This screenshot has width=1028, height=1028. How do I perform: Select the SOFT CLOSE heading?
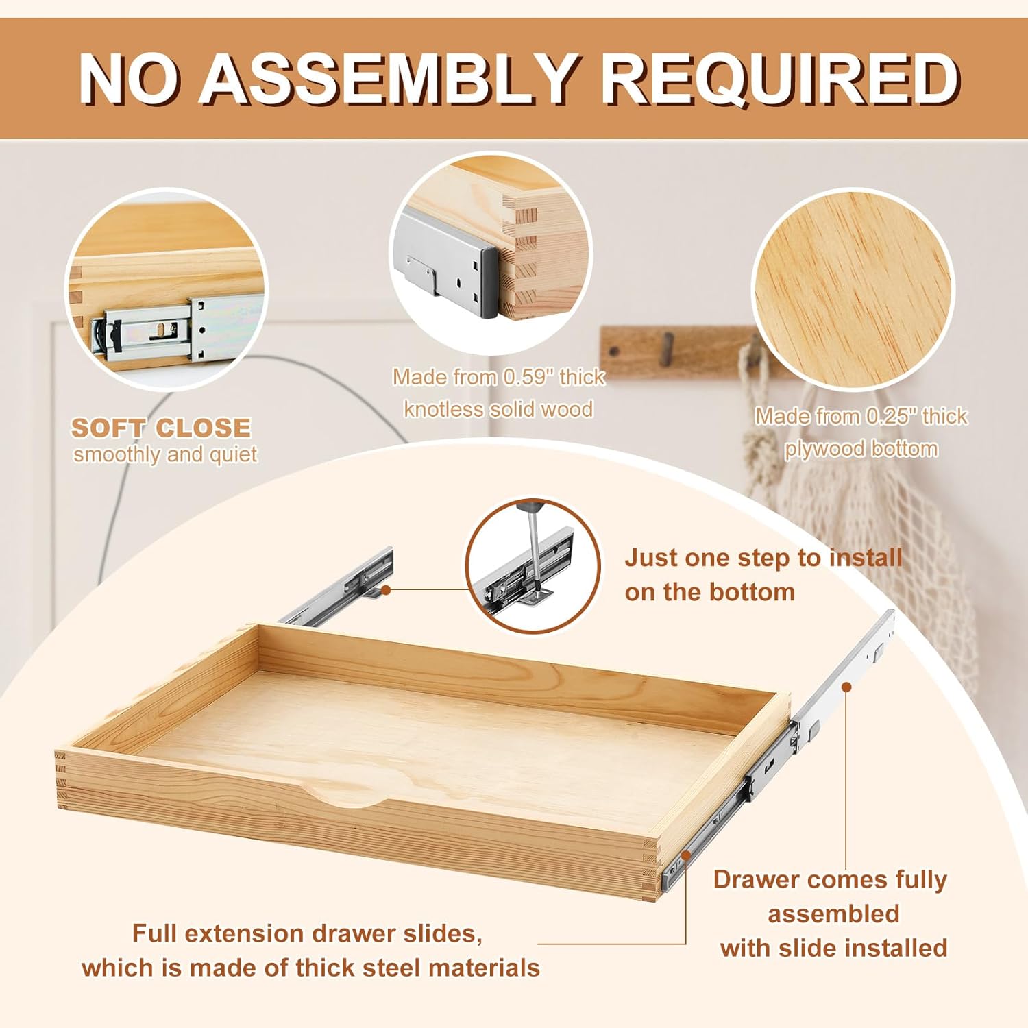point(161,428)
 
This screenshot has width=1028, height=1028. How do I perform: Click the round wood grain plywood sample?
point(853,291)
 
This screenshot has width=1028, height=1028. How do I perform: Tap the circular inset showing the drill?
point(533,565)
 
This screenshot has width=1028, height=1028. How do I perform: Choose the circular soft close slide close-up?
point(167,289)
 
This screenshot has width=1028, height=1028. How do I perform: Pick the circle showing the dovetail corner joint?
point(491,253)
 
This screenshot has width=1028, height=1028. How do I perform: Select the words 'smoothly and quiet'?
point(165,454)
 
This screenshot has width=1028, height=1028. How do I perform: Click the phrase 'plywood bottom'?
point(861,449)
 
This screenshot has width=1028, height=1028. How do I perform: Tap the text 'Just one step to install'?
point(763,558)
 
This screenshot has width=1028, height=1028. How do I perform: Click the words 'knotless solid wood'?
point(498,409)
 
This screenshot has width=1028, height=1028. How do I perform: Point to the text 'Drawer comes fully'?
point(830,879)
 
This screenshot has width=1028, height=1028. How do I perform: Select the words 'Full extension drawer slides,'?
point(307,933)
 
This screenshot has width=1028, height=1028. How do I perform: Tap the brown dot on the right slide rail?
point(846,686)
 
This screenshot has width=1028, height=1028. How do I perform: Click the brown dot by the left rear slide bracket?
point(386,589)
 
